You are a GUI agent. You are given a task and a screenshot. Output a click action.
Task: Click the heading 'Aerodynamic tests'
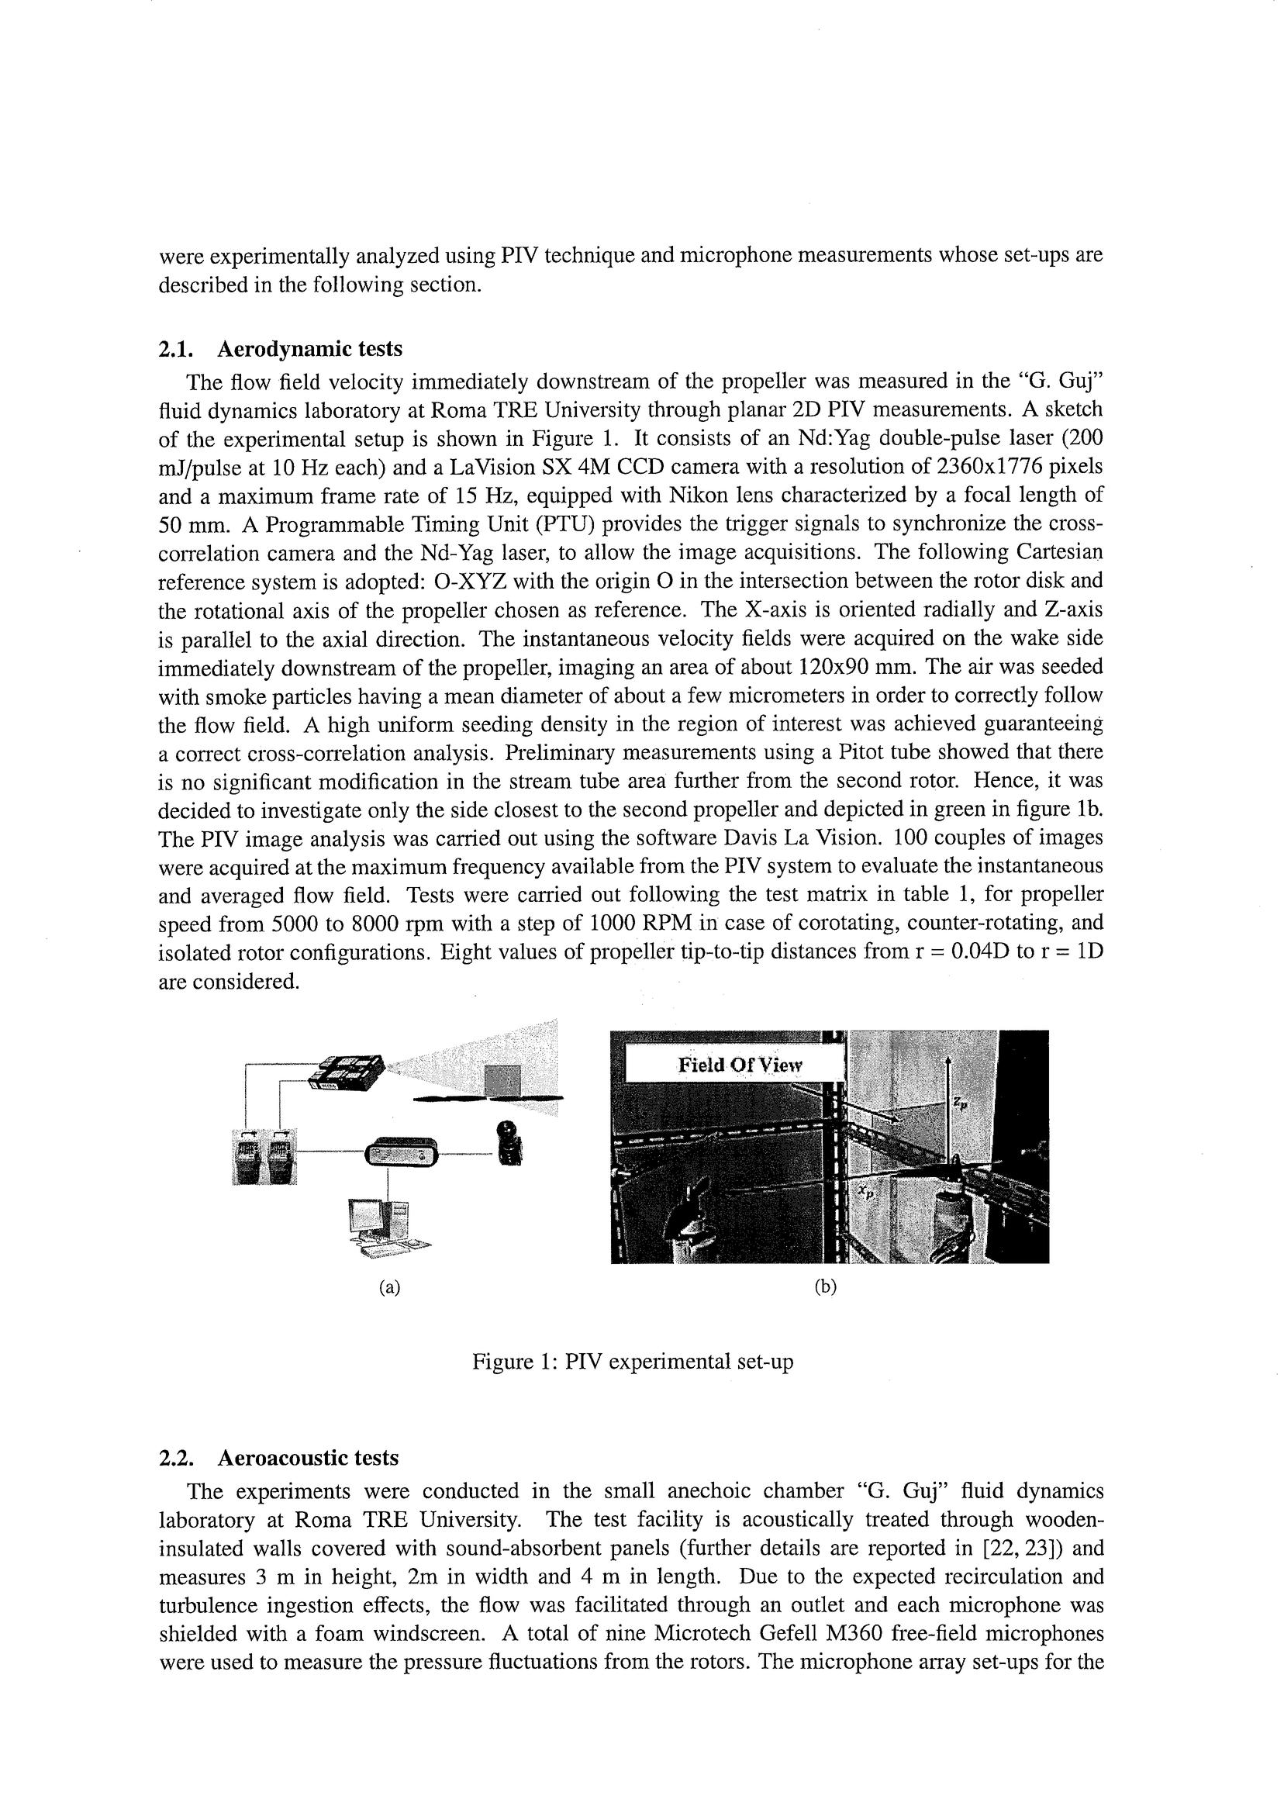[x=309, y=349]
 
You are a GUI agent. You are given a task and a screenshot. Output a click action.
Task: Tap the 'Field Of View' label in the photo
[x=739, y=1065]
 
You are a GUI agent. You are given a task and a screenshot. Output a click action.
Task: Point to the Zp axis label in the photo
[x=959, y=1103]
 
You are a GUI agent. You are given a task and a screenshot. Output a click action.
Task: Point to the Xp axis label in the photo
[x=867, y=1193]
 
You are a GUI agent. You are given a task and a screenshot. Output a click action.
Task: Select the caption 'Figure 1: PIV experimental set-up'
[x=632, y=1362]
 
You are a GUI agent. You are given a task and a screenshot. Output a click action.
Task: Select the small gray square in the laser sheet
[x=502, y=1080]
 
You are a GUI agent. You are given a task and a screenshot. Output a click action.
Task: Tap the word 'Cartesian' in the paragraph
[x=1059, y=552]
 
